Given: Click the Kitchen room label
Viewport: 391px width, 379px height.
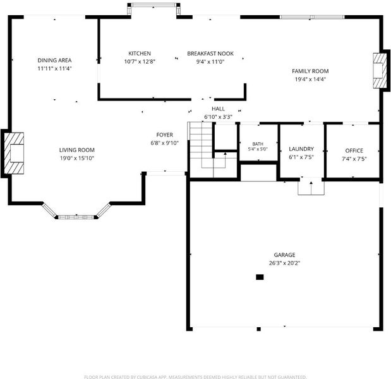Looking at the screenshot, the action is (140, 53).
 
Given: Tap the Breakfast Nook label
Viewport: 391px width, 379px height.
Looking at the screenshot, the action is (210, 53).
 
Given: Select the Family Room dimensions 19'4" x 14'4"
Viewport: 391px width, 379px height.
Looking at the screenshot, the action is (310, 80).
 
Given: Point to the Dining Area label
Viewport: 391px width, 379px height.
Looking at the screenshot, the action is (54, 60).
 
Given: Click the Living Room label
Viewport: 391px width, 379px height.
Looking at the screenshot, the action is (77, 150).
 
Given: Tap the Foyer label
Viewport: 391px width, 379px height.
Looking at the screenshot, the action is (165, 135).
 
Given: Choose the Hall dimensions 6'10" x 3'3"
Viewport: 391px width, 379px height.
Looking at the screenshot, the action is (218, 117).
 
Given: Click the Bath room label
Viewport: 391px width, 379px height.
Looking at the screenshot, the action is (258, 144).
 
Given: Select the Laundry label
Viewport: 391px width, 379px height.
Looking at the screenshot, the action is (301, 149).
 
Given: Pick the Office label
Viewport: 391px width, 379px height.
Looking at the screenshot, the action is (354, 150).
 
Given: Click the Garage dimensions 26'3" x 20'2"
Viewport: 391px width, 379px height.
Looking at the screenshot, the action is (284, 263).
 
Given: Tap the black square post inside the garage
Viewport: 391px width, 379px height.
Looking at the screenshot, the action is (260, 277).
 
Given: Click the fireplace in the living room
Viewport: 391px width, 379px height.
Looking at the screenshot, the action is (15, 153).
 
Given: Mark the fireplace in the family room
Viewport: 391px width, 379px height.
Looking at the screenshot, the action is (380, 71).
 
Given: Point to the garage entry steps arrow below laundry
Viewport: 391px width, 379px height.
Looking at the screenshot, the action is (311, 188).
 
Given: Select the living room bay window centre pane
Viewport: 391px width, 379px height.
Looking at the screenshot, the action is (76, 217).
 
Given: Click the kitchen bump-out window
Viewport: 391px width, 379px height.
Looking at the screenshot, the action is (154, 5).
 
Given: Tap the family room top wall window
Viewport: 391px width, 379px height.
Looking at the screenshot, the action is (312, 17).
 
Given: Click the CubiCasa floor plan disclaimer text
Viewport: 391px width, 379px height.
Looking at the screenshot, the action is (195, 376).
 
